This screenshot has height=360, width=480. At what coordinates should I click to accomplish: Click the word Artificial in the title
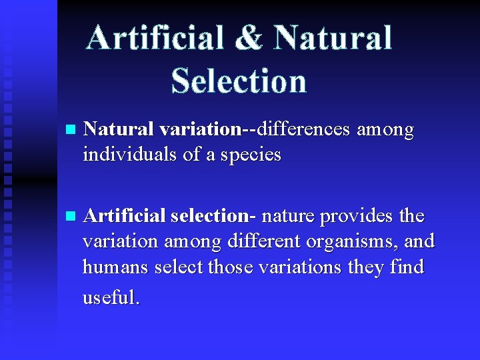[x=155, y=38]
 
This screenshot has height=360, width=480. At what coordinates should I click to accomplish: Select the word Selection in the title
[x=239, y=81]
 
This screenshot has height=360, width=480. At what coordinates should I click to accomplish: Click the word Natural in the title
[x=333, y=38]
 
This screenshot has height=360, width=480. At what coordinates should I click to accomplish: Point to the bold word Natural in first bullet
[x=118, y=129]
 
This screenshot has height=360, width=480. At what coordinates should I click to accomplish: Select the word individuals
[x=122, y=155]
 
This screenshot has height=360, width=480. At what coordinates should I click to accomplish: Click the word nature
[x=288, y=216]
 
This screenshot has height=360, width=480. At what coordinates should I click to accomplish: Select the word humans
[x=115, y=267]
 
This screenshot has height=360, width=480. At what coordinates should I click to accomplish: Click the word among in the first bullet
[x=385, y=130]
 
